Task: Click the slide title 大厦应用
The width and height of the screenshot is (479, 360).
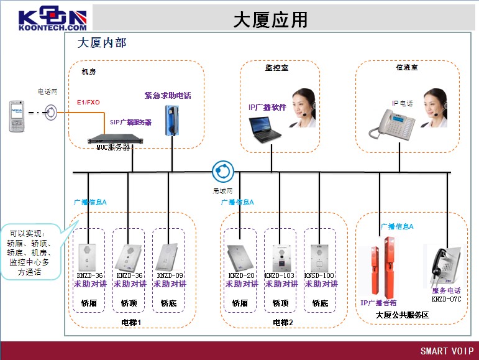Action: point(270,20)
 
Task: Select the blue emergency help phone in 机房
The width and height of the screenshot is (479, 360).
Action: point(170,120)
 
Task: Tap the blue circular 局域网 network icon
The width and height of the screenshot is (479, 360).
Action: point(222,170)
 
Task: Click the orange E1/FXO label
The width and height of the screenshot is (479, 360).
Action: point(88,102)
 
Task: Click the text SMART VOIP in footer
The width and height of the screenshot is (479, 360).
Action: point(447,351)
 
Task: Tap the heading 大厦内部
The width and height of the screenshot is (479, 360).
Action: point(102,43)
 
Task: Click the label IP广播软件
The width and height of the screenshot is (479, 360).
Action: point(267,107)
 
